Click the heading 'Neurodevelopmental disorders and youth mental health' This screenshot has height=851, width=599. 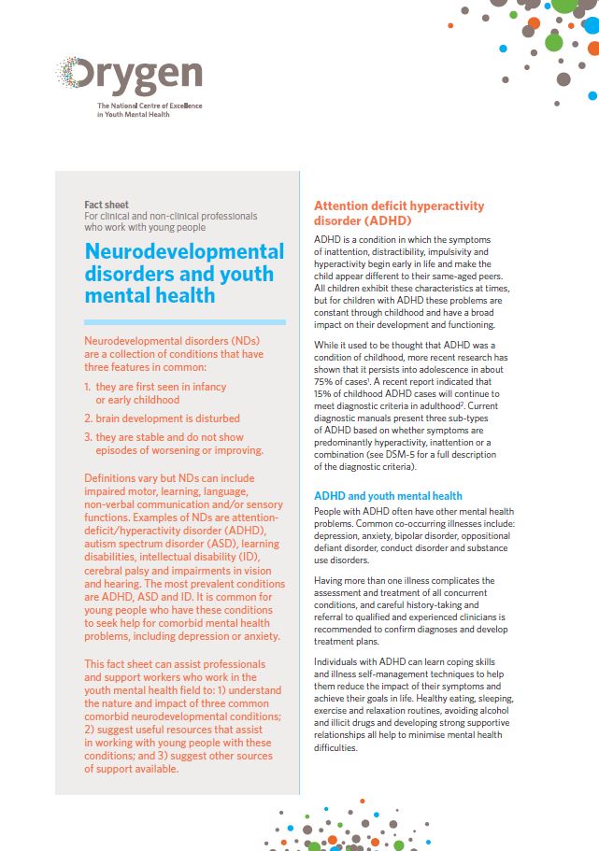pyautogui.click(x=183, y=274)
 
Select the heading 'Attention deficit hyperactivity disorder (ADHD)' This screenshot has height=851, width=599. pyautogui.click(x=399, y=214)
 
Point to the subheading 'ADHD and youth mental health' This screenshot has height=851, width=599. pyautogui.click(x=388, y=495)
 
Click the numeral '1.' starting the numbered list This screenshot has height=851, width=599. pyautogui.click(x=88, y=387)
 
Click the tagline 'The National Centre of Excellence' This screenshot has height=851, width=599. pyautogui.click(x=150, y=106)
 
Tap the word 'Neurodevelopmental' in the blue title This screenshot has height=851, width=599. pyautogui.click(x=183, y=251)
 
